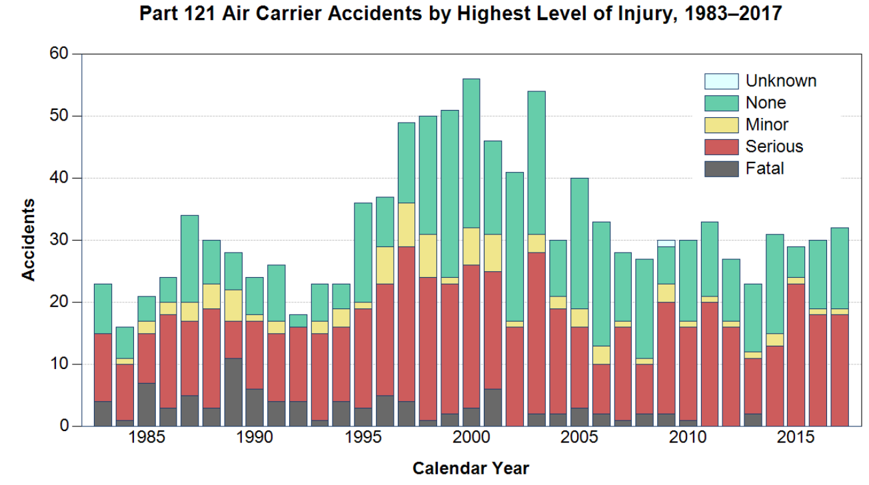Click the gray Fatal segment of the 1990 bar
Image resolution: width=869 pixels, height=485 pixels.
[x=255, y=407]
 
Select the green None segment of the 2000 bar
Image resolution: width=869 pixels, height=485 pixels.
[x=471, y=153]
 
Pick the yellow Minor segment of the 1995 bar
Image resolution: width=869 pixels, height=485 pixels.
[x=363, y=305]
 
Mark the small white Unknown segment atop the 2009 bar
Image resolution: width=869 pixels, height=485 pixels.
[x=666, y=243]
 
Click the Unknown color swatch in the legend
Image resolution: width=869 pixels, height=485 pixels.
[x=721, y=81]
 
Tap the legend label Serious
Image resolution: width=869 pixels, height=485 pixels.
[x=774, y=147]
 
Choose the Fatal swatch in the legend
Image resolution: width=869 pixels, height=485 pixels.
[x=721, y=169]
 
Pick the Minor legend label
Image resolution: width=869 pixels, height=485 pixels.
[x=767, y=125]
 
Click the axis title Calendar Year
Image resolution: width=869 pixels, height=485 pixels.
[x=470, y=468]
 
